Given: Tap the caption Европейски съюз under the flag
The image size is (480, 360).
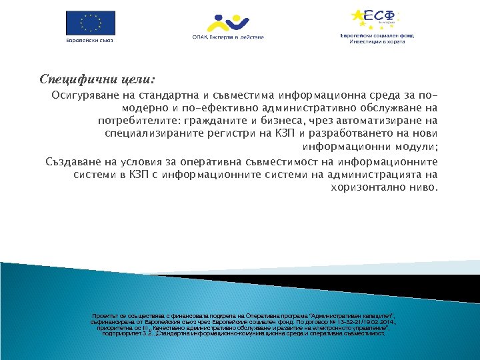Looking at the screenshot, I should (x=89, y=39).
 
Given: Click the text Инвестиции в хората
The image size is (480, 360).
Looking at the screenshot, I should (x=377, y=41).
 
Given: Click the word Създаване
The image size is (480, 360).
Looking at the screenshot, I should (x=73, y=162).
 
